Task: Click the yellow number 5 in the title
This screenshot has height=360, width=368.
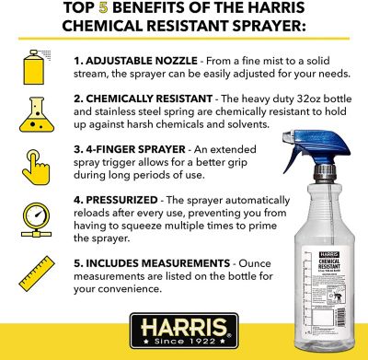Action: (116, 11)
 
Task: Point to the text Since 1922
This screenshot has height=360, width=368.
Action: (183, 348)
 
